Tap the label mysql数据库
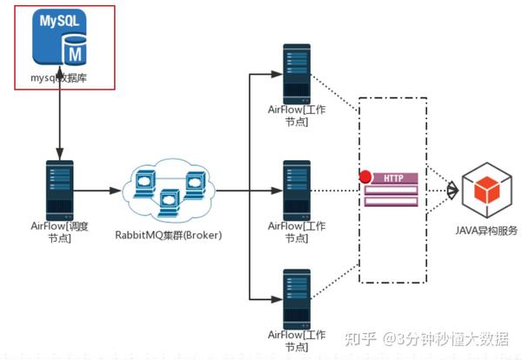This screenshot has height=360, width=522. pos(60,78)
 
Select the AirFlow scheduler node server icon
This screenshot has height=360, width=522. pos(59,189)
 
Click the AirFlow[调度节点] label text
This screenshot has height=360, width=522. pos(59,232)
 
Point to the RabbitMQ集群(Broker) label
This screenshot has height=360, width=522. pos(171,235)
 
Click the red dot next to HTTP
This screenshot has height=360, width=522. pos(365,178)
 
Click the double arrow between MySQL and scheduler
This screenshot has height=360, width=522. pos(59,122)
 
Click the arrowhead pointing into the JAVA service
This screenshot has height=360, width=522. pos(452,190)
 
